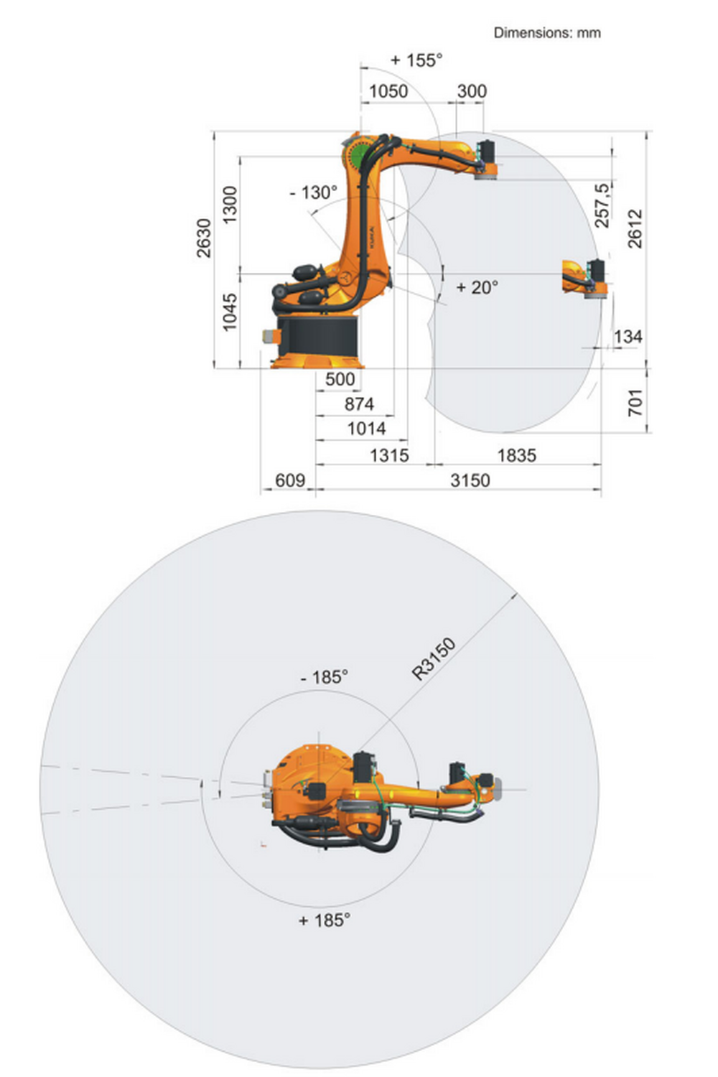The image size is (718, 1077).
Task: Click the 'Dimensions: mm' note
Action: (x=546, y=32)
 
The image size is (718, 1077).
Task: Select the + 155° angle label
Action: (x=416, y=60)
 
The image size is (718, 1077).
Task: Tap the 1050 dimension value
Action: (x=388, y=91)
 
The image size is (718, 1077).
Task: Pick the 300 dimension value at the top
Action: (x=472, y=91)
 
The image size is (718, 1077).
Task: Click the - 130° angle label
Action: (x=313, y=192)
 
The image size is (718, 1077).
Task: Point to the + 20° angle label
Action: (x=477, y=287)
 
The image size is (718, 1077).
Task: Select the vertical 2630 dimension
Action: (x=204, y=238)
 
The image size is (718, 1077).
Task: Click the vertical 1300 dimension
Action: (x=229, y=205)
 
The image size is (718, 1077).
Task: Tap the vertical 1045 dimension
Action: (x=229, y=312)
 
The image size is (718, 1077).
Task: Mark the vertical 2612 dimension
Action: (x=635, y=228)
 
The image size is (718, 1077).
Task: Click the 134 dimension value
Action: (x=628, y=336)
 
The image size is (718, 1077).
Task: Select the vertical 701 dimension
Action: (x=635, y=402)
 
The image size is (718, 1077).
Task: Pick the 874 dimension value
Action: (x=359, y=404)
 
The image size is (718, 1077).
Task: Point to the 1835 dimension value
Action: (x=516, y=455)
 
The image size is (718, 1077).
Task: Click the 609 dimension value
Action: (x=290, y=480)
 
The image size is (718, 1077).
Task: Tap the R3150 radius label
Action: (x=434, y=658)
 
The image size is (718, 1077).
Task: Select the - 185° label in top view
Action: (x=324, y=677)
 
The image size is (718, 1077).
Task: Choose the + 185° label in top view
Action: (x=325, y=920)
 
